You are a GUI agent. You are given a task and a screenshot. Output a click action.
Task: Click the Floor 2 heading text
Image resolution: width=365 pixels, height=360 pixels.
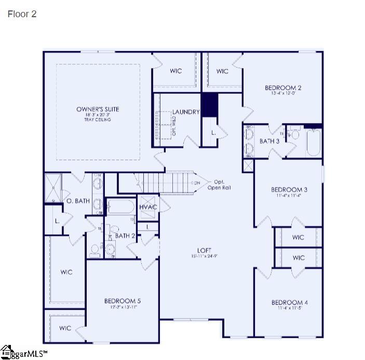pyautogui.click(x=22, y=14)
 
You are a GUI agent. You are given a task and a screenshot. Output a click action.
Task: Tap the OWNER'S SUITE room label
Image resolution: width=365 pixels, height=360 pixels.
pyautogui.click(x=98, y=109)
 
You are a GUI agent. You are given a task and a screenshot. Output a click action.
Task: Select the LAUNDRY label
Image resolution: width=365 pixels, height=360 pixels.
pyautogui.click(x=186, y=112)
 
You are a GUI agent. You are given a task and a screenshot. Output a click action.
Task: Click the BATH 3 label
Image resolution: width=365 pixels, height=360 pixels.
pyautogui.click(x=269, y=141)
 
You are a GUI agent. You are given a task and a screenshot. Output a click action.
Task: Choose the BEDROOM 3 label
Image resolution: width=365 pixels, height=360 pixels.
pyautogui.click(x=289, y=190)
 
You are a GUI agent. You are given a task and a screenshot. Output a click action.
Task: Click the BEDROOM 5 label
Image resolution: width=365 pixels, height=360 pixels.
pyautogui.click(x=122, y=301)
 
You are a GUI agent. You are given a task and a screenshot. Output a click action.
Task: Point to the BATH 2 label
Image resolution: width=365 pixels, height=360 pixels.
pyautogui.click(x=125, y=236)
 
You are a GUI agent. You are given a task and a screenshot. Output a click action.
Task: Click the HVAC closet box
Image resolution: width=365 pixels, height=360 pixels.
pyautogui.click(x=148, y=207)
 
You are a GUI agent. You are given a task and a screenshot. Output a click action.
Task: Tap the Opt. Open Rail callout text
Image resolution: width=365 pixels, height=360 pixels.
pyautogui.click(x=219, y=184)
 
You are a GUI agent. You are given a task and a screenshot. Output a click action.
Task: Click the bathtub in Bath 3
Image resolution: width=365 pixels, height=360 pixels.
pyautogui.click(x=314, y=142)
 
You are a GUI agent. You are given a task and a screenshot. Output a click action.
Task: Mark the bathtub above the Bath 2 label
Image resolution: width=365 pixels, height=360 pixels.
pyautogui.click(x=120, y=207)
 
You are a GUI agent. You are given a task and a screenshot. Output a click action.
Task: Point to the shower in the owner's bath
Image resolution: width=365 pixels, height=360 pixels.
pyautogui.click(x=53, y=188)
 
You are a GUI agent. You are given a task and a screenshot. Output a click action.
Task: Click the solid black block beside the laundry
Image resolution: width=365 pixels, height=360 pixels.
pyautogui.click(x=209, y=105)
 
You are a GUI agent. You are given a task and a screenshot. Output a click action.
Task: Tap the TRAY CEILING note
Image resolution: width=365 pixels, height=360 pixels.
pyautogui.click(x=98, y=119)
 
